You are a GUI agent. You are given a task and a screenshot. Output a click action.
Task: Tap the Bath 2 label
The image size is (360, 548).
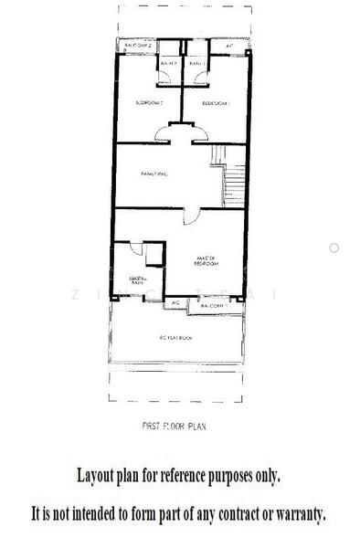click(167, 63)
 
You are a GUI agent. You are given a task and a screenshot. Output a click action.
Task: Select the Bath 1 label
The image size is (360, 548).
click(196, 63)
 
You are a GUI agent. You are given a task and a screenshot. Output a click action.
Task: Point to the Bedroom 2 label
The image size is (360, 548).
click(148, 102)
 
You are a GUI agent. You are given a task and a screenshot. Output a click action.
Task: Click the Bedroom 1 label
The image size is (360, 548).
click(215, 102)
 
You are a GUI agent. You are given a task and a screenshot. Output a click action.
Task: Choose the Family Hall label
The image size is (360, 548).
click(154, 173)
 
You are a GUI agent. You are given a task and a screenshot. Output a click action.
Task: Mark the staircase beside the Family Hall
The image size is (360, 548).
click(232, 177)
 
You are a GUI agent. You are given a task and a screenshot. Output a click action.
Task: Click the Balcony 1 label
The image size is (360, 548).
click(212, 306)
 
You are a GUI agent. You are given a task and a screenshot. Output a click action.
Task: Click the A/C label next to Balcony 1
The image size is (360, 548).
click(175, 302)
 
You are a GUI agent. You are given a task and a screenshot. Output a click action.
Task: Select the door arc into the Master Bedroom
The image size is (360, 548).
click(189, 217)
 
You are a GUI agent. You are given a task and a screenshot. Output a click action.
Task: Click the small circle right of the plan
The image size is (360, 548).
click(334, 248)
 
